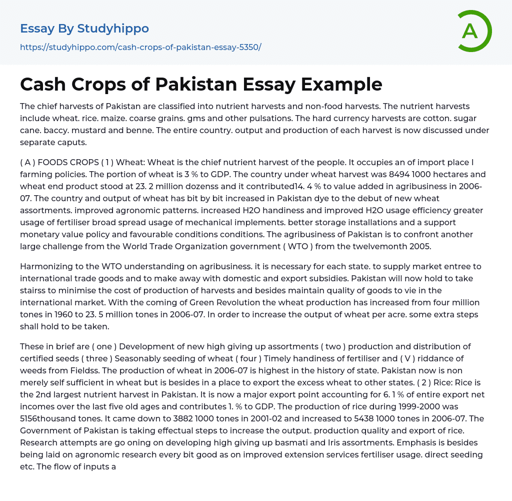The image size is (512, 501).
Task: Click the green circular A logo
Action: click(474, 31)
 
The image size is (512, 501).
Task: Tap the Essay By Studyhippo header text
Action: click(84, 29)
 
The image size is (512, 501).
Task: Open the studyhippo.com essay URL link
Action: click(140, 47)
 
